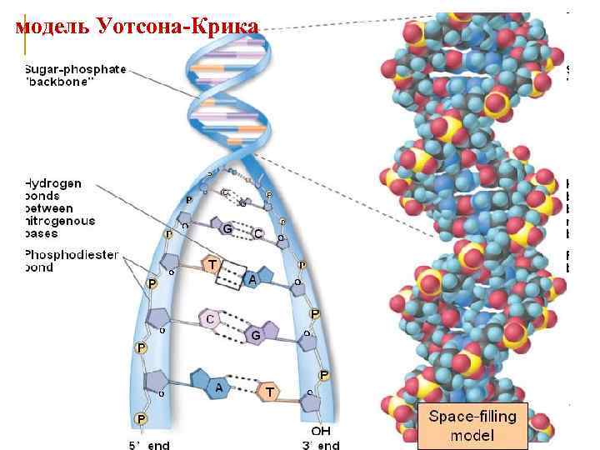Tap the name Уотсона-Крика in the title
177,27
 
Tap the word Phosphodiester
72,254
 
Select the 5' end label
149,444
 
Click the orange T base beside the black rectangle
214,264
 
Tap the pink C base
211,318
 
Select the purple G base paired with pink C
256,333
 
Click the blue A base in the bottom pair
218,387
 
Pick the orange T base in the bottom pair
269,390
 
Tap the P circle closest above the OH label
323,376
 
